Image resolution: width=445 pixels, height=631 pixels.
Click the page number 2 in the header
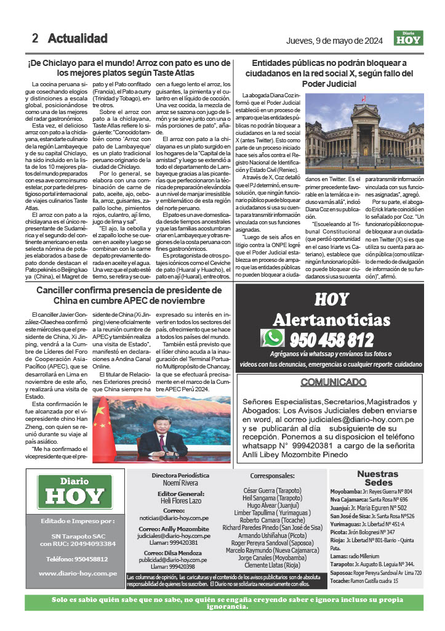pyautogui.click(x=35, y=38)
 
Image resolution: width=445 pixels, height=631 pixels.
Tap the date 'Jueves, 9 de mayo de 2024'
pyautogui.click(x=337, y=41)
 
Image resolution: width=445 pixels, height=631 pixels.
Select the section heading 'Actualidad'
pyautogui.click(x=78, y=38)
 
